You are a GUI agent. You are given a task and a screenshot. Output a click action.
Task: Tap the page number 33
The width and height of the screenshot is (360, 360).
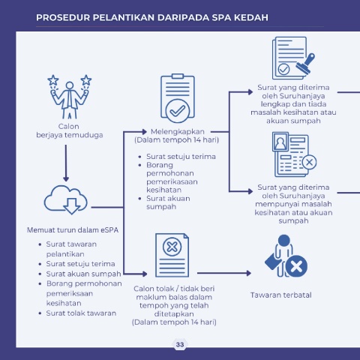[x=180, y=344]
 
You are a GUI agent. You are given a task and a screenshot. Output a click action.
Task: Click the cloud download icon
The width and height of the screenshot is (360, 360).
[x=66, y=199]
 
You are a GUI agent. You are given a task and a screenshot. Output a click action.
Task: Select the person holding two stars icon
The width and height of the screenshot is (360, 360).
[x=70, y=97]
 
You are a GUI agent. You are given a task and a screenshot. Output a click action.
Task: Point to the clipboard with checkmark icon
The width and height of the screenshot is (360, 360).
[x=178, y=98]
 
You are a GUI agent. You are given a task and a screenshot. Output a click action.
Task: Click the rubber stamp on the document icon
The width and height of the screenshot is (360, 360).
[x=305, y=64]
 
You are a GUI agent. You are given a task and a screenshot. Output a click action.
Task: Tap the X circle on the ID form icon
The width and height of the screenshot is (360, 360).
[x=309, y=162]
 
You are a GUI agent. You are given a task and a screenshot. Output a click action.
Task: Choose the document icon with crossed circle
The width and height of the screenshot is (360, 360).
[x=172, y=255]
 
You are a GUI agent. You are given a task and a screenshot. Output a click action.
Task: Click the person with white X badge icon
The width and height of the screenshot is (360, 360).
[x=286, y=256]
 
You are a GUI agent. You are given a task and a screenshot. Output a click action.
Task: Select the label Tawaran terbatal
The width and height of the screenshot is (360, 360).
[x=281, y=295]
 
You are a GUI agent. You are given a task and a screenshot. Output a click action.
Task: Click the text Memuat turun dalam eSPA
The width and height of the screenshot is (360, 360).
[x=73, y=230]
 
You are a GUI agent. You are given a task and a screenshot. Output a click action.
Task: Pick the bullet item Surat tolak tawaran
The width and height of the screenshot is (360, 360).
[x=81, y=313]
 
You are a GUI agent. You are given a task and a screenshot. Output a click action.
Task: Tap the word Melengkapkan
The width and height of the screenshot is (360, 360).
[x=178, y=131]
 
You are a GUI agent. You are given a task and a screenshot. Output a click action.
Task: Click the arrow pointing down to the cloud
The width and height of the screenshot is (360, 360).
[x=66, y=163]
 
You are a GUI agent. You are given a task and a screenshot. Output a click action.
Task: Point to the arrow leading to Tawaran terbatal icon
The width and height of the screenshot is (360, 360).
[x=224, y=273]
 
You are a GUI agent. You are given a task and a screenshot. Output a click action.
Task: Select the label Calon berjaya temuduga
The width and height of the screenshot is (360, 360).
[x=70, y=130]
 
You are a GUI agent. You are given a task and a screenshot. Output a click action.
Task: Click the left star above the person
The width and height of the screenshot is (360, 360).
[x=53, y=80]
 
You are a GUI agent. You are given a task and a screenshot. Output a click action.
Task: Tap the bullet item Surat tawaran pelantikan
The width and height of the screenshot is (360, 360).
[x=71, y=249]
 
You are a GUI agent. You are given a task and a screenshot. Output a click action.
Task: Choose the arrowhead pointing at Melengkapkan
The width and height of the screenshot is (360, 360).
[x=145, y=131]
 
